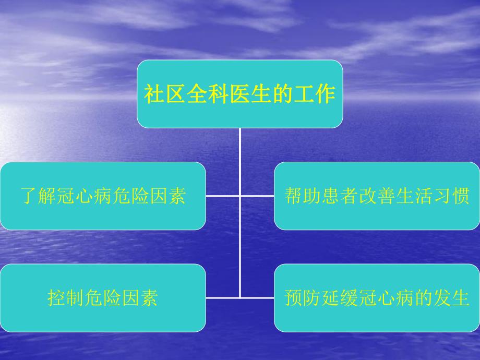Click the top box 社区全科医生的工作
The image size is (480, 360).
click(x=239, y=94)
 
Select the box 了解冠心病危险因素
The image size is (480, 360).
click(x=103, y=196)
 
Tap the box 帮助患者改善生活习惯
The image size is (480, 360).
click(x=377, y=196)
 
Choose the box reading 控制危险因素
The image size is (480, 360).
click(x=103, y=298)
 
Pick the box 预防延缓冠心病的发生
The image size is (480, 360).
click(x=377, y=298)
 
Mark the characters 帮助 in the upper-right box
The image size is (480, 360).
click(x=302, y=197)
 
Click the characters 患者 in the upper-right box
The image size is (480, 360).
click(x=340, y=197)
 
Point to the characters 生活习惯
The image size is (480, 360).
click(x=434, y=197)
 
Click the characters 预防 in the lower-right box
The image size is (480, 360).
click(x=302, y=298)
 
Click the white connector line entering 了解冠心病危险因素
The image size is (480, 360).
click(x=222, y=196)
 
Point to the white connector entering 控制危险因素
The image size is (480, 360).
click(x=222, y=297)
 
